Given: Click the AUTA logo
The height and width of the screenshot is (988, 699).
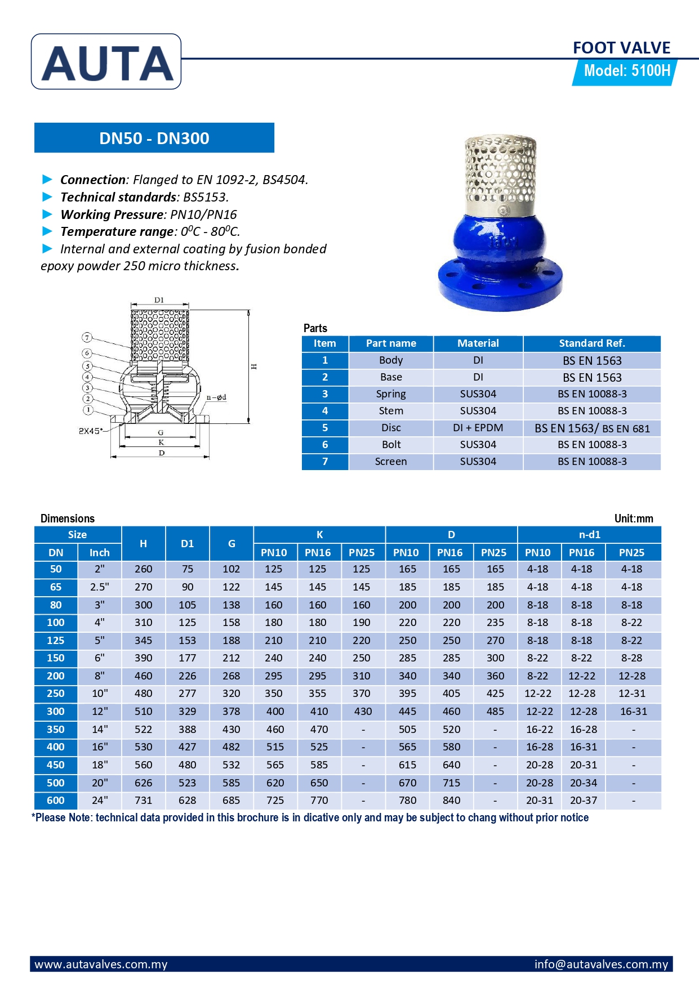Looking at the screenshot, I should (x=106, y=62).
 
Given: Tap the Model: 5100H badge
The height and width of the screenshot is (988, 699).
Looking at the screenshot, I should (x=626, y=71).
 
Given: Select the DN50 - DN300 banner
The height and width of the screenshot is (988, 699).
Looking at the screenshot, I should (x=154, y=138).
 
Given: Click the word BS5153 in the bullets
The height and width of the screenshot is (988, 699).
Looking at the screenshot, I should (x=205, y=197).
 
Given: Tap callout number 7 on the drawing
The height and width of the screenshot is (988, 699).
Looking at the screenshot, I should (x=87, y=337).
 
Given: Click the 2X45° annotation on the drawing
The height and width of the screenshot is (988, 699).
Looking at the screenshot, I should (x=90, y=431).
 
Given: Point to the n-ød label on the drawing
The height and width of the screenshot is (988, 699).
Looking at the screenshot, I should (x=216, y=397).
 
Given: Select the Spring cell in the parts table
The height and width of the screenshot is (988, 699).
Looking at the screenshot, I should (x=391, y=394).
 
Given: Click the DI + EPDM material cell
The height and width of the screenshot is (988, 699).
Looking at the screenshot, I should (x=478, y=428).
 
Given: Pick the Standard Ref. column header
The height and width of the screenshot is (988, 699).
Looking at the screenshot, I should (x=591, y=343).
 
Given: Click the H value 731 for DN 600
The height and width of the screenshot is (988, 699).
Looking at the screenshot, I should (x=143, y=800).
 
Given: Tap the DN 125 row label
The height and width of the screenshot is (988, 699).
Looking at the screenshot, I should (x=56, y=640).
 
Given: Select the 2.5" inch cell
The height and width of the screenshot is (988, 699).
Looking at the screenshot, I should (x=100, y=587).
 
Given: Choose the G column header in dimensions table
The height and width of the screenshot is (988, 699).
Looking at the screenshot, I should (x=231, y=543).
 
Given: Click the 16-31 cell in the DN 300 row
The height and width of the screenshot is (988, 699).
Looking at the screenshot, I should (x=633, y=711).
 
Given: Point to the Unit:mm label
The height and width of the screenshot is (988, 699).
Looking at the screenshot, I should (x=634, y=518).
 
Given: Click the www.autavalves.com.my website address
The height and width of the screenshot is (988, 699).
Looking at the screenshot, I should (x=101, y=964).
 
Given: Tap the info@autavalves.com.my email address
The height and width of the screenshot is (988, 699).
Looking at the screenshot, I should (x=601, y=964).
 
